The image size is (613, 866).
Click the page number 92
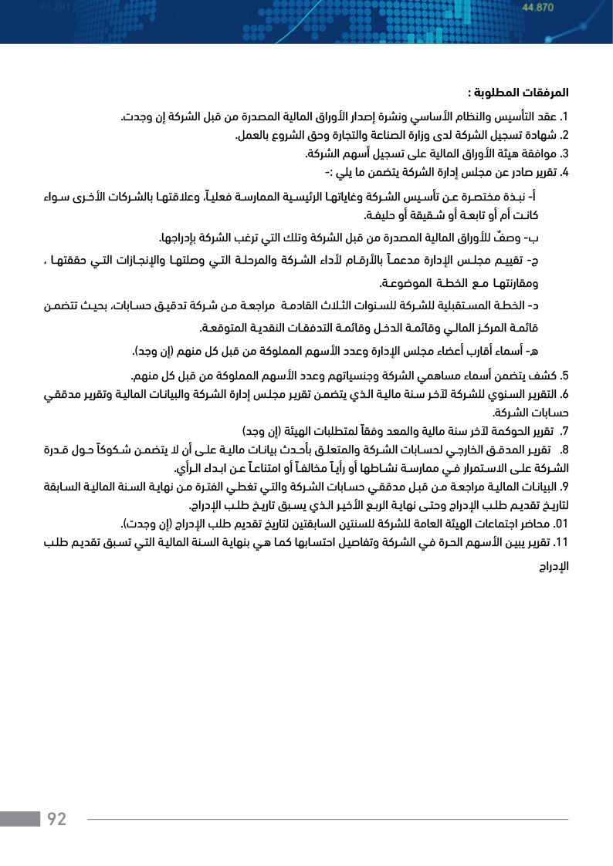click(56, 819)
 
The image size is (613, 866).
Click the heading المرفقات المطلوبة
click(518, 93)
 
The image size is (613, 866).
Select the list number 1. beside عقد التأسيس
click(564, 117)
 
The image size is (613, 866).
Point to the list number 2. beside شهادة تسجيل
click(564, 136)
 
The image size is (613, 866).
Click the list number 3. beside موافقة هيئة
click(564, 153)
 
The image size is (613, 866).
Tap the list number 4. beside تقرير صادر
click(564, 171)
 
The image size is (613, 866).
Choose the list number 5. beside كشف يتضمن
click(564, 376)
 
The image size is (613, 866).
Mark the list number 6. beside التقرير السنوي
click(564, 394)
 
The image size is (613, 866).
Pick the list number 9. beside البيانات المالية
click(564, 486)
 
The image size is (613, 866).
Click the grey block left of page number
click(20, 819)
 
